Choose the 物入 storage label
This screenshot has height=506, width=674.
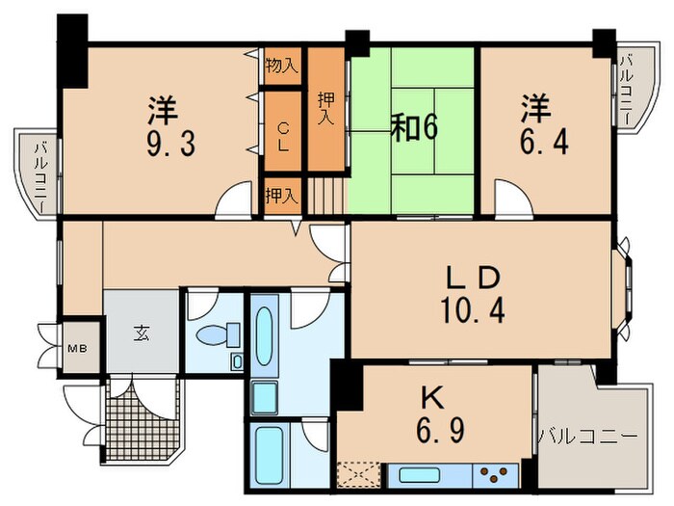coord(282,67)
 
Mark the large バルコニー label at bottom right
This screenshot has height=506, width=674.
coord(587,437)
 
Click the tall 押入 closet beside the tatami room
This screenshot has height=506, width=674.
coord(326,106)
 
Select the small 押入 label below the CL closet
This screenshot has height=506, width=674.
coord(282,194)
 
